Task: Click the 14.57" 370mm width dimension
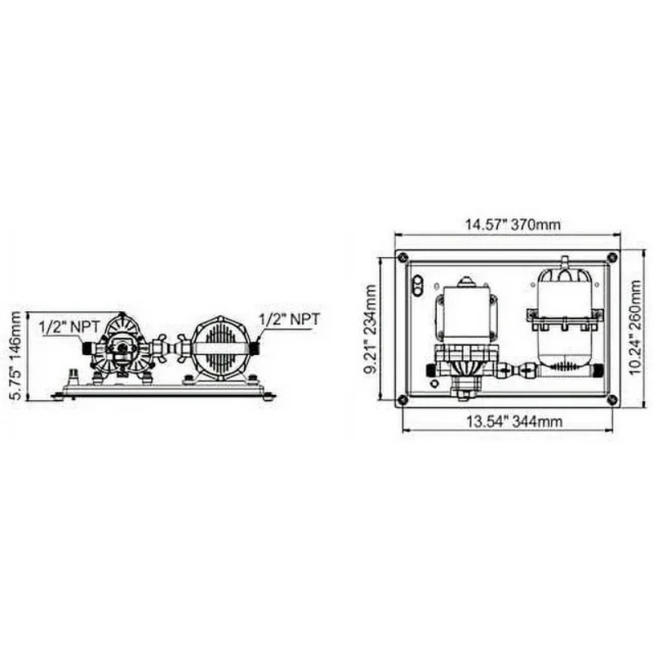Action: click(513, 224)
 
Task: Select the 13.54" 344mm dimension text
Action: click(514, 421)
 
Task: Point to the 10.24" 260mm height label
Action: click(636, 327)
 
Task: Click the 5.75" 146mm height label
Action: click(16, 356)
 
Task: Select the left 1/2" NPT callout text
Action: click(69, 326)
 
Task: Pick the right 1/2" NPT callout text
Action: click(290, 319)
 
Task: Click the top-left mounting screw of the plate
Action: click(402, 257)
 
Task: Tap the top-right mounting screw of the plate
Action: click(611, 257)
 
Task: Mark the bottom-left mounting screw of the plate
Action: click(402, 400)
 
